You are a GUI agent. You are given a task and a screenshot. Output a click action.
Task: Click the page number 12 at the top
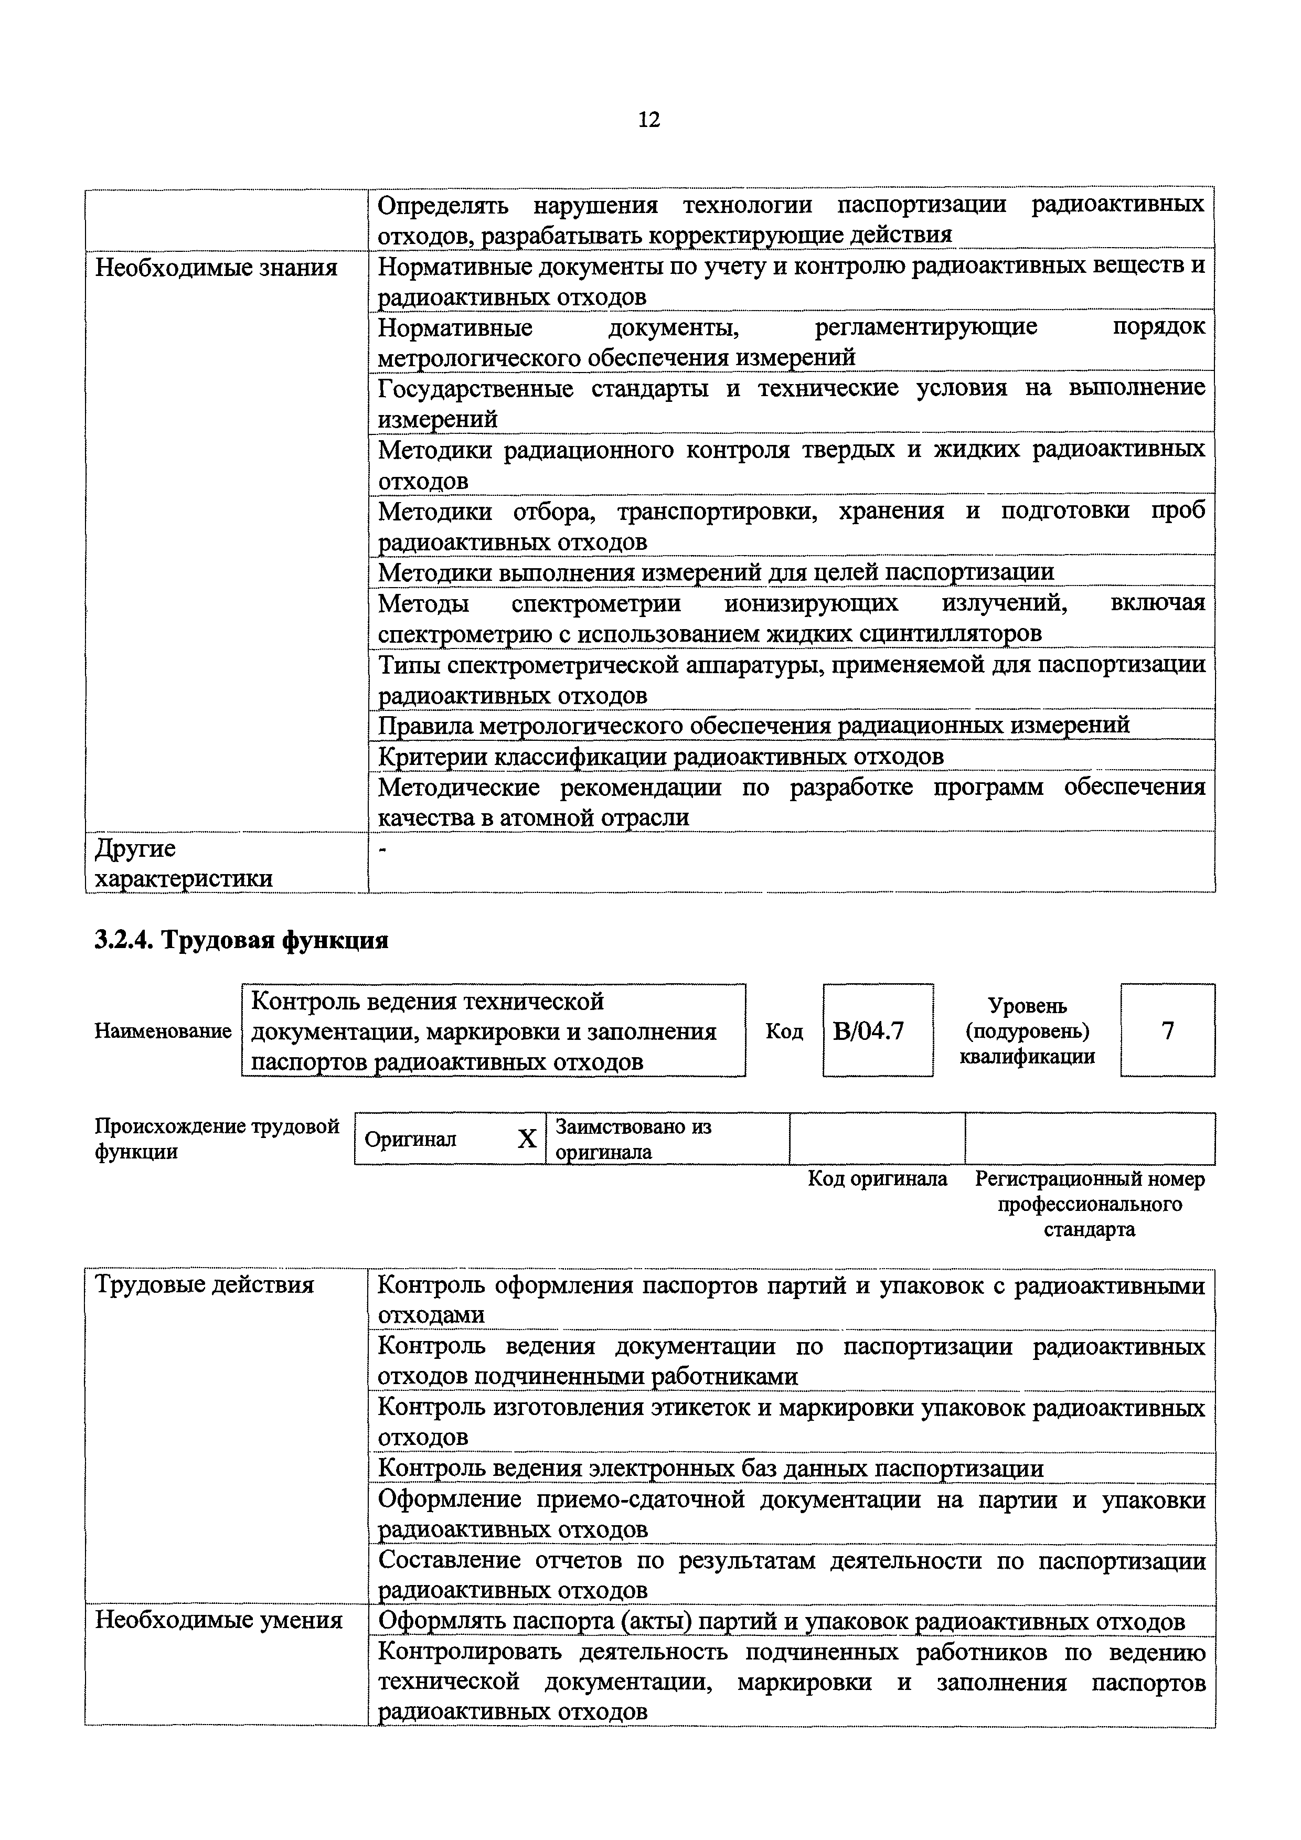(649, 120)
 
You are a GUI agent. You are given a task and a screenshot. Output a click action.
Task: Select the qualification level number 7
(1167, 1030)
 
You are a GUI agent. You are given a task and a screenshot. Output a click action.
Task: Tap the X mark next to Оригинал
(526, 1139)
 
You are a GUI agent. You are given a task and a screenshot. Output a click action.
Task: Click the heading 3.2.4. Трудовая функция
(241, 939)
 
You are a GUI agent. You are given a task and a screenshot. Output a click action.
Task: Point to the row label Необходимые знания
(216, 268)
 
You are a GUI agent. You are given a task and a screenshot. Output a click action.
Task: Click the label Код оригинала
(877, 1179)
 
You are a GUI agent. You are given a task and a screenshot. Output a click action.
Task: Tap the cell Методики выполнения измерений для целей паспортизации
(716, 572)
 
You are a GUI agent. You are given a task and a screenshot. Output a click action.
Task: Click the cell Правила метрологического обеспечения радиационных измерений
(753, 725)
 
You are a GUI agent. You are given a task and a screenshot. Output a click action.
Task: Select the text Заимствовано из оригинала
(633, 1139)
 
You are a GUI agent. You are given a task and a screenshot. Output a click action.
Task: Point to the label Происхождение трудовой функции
(216, 1139)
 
